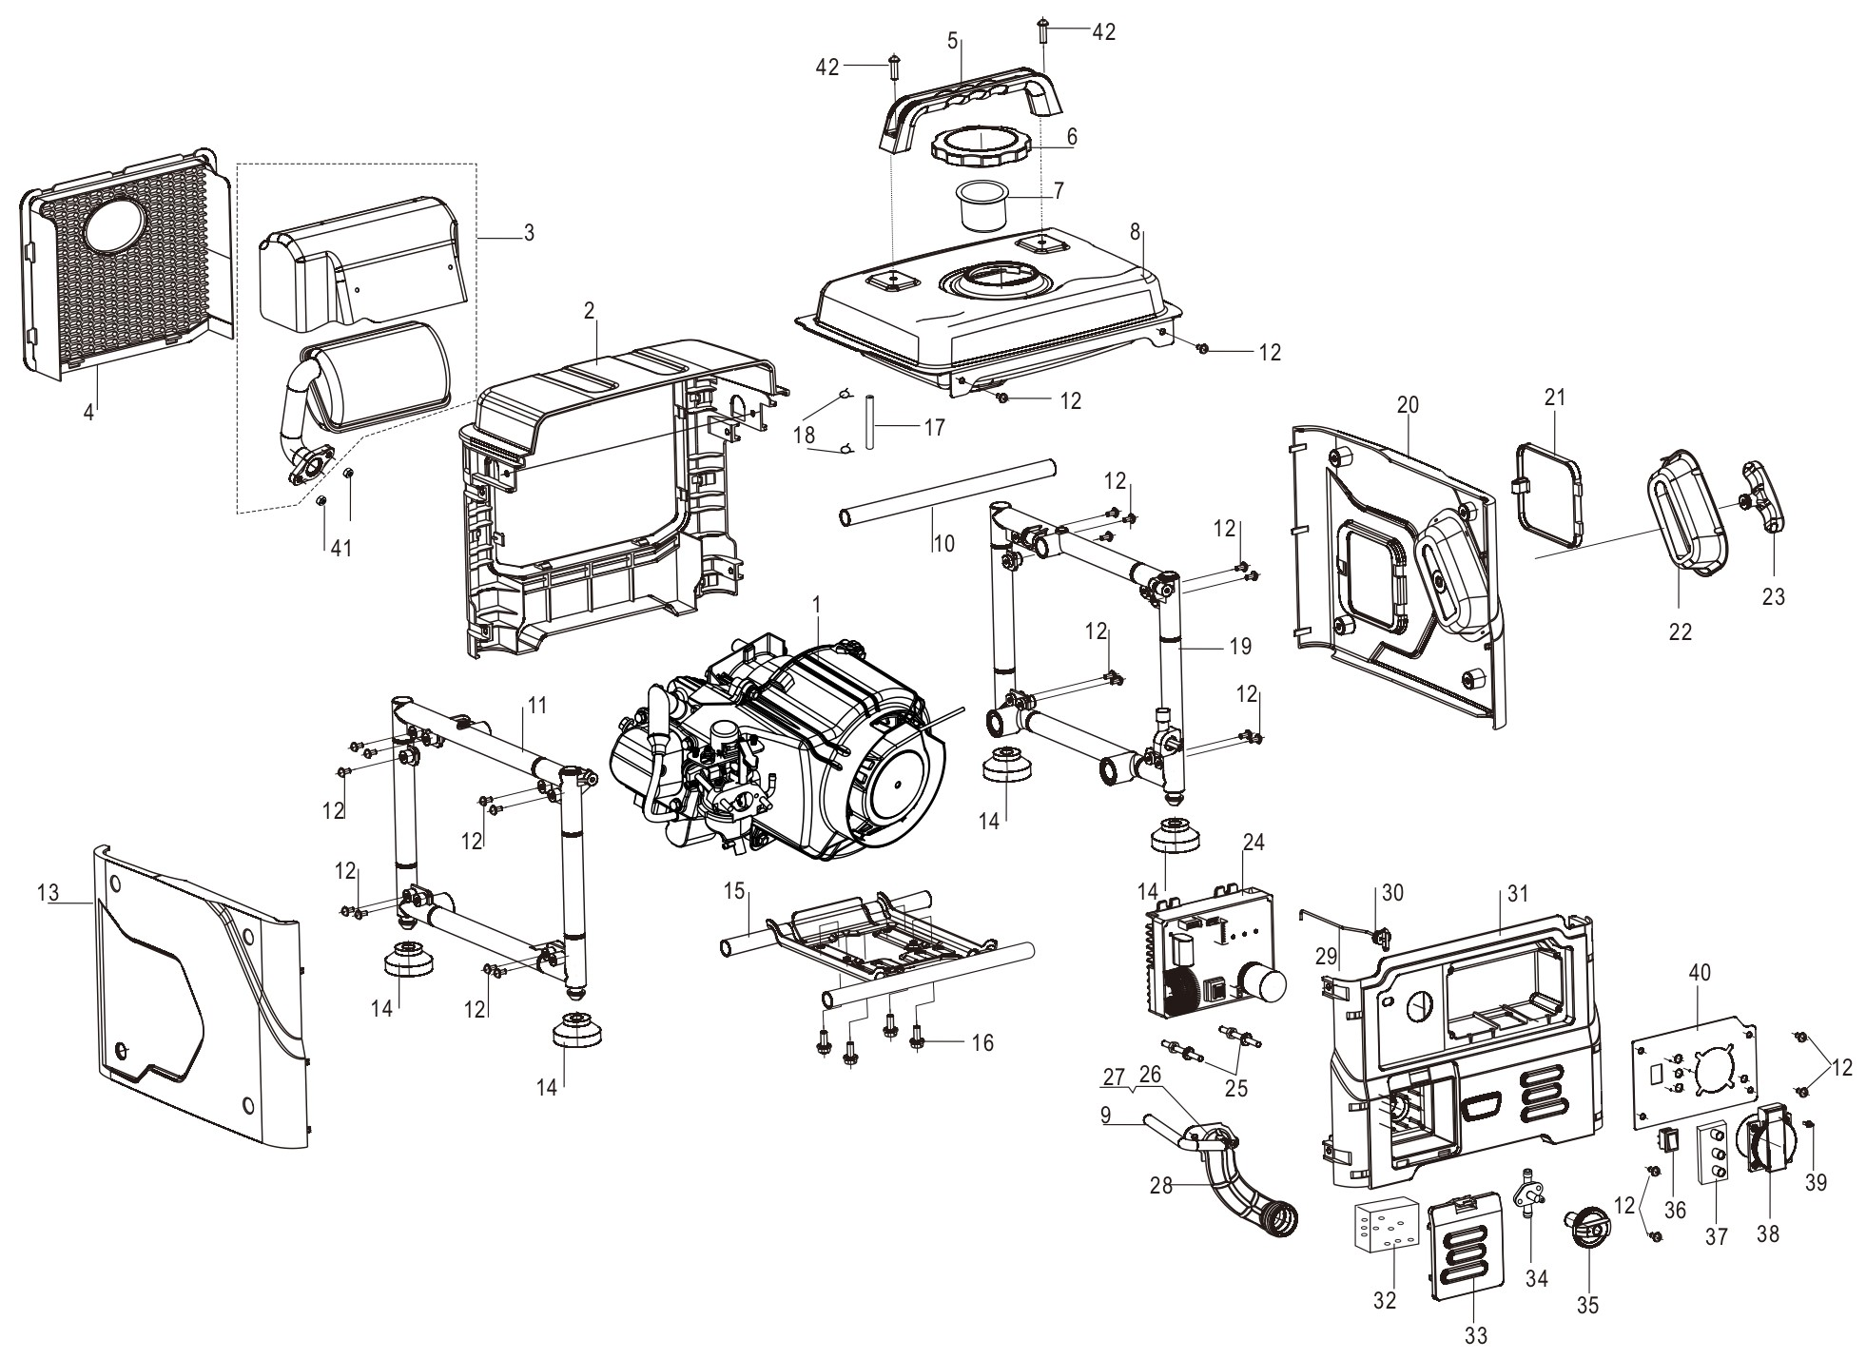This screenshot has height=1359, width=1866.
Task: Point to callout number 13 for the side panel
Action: pyautogui.click(x=49, y=893)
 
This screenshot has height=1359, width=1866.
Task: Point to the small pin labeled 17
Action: pyautogui.click(x=869, y=428)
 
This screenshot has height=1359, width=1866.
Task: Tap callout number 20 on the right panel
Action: pyautogui.click(x=1407, y=404)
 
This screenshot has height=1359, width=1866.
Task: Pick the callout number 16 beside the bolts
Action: pyautogui.click(x=983, y=1043)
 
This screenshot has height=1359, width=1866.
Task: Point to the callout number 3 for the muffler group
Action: pyautogui.click(x=529, y=232)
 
